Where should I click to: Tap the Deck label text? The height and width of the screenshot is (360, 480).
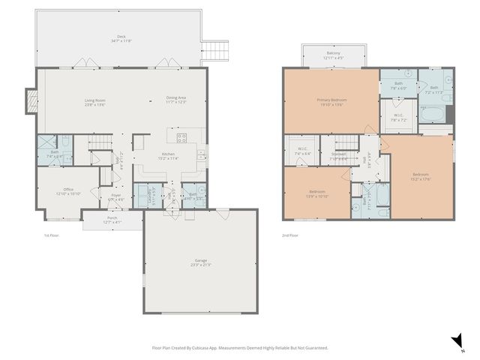click(121, 38)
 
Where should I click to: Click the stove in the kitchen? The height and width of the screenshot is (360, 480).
click(181, 137)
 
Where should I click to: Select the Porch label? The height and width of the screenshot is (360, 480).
click(111, 219)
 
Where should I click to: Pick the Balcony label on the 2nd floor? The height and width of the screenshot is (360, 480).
click(333, 55)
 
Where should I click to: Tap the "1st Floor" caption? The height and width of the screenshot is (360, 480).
click(50, 235)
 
